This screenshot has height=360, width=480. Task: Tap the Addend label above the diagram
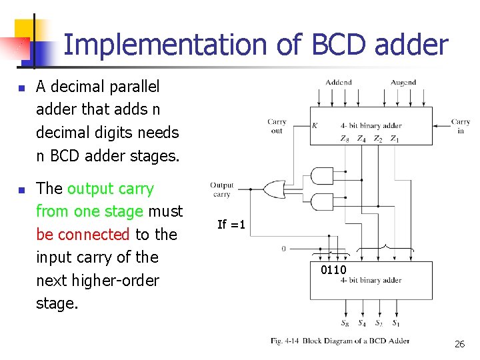(339, 83)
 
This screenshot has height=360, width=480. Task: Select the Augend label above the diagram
(403, 83)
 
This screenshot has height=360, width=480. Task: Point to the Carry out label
(277, 126)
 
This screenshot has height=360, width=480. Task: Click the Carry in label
(461, 126)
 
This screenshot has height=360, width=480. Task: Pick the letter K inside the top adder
(315, 125)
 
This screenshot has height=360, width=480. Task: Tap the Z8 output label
(344, 139)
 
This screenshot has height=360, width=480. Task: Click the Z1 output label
(395, 139)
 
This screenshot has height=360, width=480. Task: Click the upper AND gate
(322, 176)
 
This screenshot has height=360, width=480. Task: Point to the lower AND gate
(322, 201)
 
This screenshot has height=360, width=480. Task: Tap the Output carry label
(222, 189)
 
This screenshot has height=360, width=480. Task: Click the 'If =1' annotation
(231, 225)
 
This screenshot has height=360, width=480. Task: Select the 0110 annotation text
(333, 270)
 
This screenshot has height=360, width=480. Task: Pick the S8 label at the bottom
(344, 324)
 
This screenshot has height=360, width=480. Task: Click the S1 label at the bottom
(396, 324)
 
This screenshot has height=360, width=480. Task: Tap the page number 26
(459, 344)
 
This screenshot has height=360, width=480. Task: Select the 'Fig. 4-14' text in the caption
(285, 341)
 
